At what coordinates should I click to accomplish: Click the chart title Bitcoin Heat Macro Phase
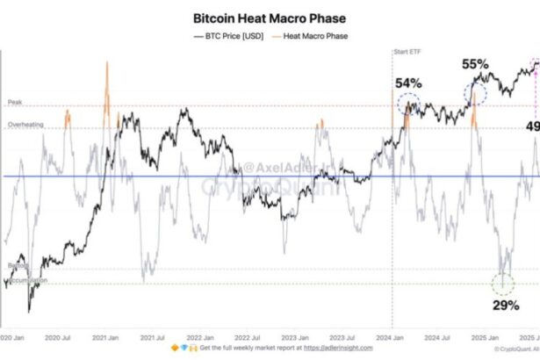coord(269,18)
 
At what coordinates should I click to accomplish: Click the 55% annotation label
coord(475,65)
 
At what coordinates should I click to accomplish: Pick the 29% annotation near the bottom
coord(504,306)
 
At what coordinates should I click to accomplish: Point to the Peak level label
coord(14,103)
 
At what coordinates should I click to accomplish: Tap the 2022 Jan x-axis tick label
coord(203,336)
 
